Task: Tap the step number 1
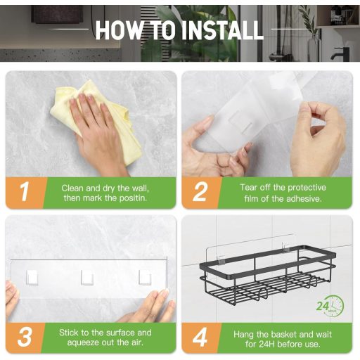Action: [25, 192]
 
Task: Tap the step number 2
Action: [200, 192]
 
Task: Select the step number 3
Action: [25, 337]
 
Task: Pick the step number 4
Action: [200, 337]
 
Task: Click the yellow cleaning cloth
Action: [96, 122]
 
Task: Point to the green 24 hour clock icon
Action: [330, 306]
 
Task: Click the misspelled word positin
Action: [133, 198]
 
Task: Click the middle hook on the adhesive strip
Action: [87, 277]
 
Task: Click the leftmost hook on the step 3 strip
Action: [32, 278]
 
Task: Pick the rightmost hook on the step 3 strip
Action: [145, 277]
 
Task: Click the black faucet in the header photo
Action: [340, 53]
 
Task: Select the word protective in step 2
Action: [307, 188]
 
